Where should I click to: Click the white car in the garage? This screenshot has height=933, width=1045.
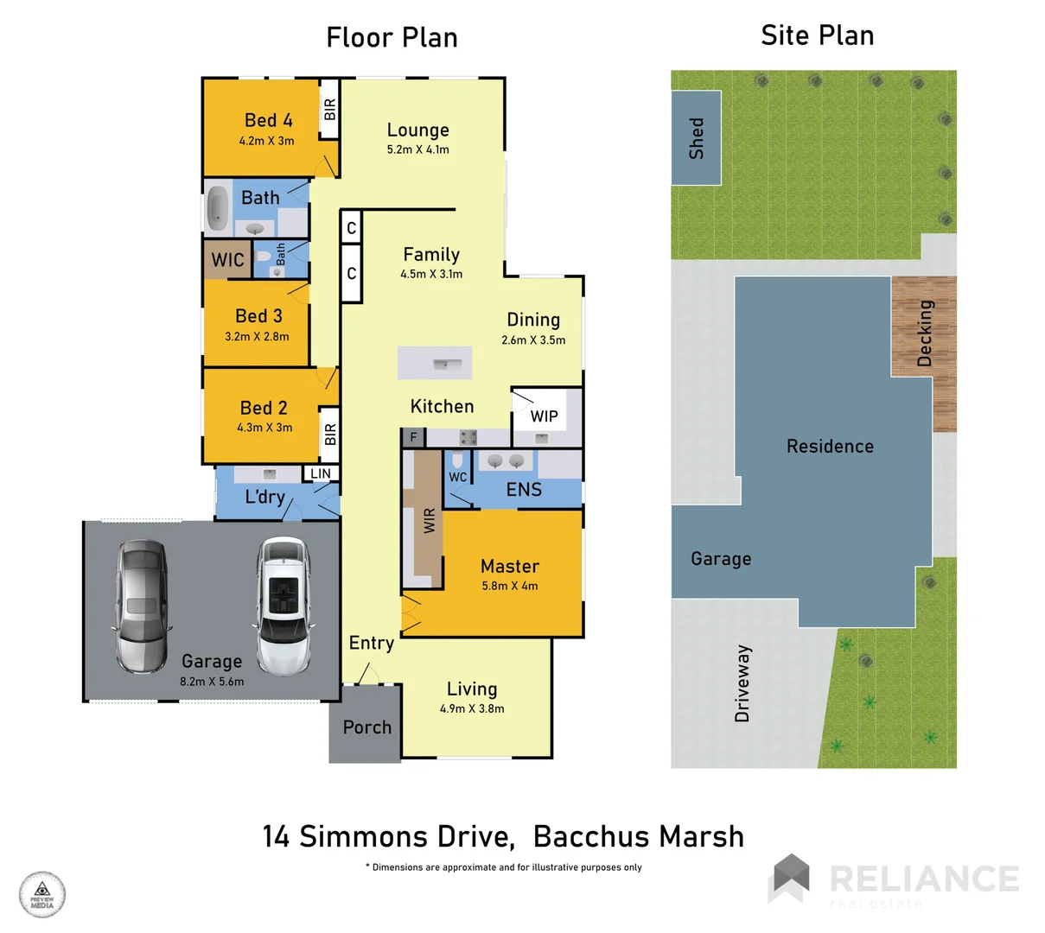tap(283, 606)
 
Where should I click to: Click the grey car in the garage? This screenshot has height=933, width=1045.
tap(142, 606)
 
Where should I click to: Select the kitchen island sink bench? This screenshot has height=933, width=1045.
tap(435, 363)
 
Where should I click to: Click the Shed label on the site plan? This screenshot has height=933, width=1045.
tap(696, 138)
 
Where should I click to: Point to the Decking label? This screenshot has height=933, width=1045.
tap(925, 333)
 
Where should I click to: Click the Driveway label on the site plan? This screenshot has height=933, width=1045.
tap(742, 682)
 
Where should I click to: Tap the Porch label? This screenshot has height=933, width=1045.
tap(366, 727)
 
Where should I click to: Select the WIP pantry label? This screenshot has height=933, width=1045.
tap(544, 416)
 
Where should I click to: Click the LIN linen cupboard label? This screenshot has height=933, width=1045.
tap(321, 473)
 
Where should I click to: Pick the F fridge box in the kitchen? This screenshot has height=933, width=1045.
tap(413, 437)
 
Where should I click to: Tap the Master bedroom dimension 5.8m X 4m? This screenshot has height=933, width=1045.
tap(509, 586)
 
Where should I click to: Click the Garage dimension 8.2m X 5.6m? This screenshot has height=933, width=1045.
tap(212, 682)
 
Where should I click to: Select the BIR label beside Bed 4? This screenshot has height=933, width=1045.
tap(329, 110)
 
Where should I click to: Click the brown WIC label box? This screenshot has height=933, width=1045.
tap(227, 260)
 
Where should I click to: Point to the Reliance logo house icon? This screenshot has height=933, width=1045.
tap(789, 878)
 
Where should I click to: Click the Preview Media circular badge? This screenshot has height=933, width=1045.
tap(42, 894)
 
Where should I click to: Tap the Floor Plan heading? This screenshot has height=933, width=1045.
tap(392, 37)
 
